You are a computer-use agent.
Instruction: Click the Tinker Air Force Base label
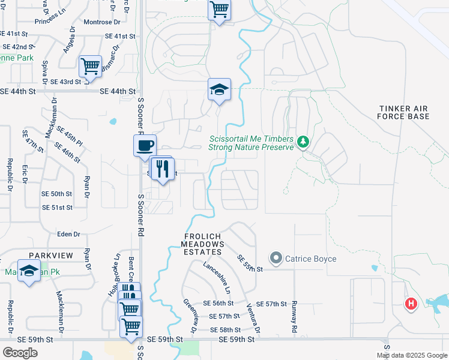pos(404,112)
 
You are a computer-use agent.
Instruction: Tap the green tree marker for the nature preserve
pos(303,142)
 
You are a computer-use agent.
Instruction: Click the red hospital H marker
pos(411,304)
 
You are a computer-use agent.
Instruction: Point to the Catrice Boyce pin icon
pos(276,259)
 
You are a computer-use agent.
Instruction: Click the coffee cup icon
pos(145,145)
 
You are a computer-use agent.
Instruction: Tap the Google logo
pos(20,353)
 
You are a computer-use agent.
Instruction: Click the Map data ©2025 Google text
pos(412,355)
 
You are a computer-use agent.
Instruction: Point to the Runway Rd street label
pos(295,317)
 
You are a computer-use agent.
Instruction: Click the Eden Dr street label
pos(68,234)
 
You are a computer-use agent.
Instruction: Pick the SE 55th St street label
pos(250,263)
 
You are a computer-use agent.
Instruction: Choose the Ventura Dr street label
pos(252,317)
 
